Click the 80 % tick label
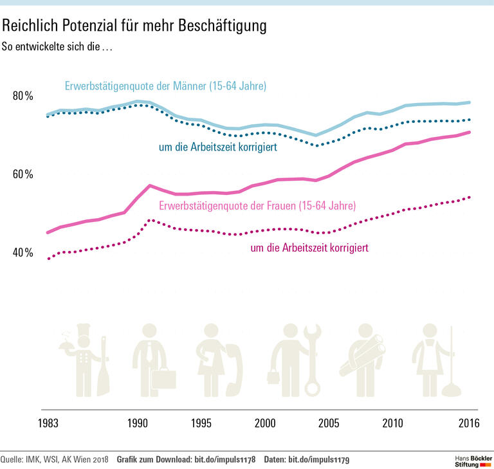click(x=23, y=96)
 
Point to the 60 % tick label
click(x=23, y=174)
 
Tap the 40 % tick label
click(x=23, y=252)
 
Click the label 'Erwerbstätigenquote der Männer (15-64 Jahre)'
click(x=165, y=86)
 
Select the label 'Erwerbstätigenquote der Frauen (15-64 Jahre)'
click(x=257, y=206)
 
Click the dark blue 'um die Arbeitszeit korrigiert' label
click(x=218, y=147)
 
